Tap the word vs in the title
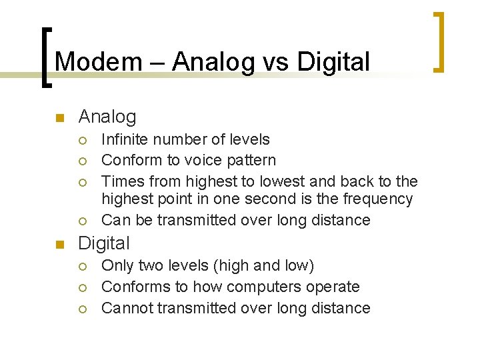pyautogui.click(x=275, y=61)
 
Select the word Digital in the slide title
pyautogui.click(x=333, y=61)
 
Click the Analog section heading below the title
pyautogui.click(x=107, y=117)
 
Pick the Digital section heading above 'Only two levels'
pyautogui.click(x=104, y=243)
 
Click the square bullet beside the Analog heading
pyautogui.click(x=59, y=119)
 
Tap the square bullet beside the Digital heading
pyautogui.click(x=59, y=245)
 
